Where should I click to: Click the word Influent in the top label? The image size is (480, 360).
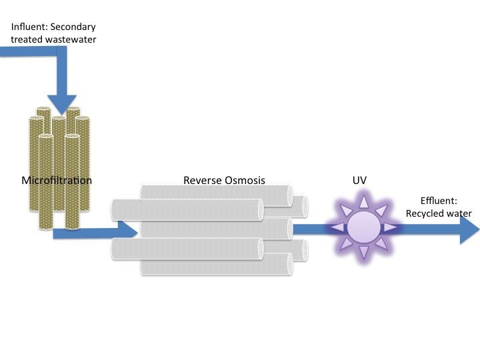pos(26,27)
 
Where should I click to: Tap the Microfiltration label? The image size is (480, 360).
pos(57,180)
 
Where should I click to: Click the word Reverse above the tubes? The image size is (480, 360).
pos(201,180)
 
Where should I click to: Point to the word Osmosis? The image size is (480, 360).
pos(245,180)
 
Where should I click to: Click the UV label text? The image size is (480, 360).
pos(359,180)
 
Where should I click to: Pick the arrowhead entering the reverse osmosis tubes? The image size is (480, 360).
pos(129,229)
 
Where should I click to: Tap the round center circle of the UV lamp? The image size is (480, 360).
pos(363,228)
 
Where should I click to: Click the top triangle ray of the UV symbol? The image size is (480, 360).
pos(363,201)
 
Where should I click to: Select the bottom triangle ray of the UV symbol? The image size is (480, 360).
pos(363,253)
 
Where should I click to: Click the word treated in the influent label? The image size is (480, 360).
pos(27,39)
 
